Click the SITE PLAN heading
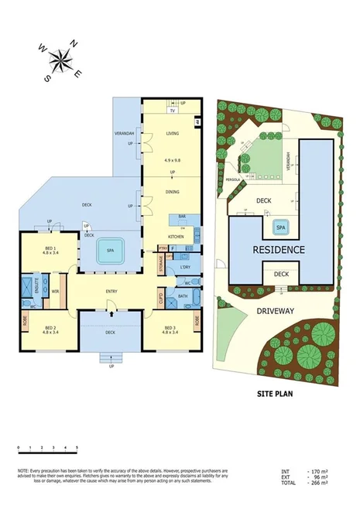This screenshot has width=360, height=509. pyautogui.click(x=279, y=393)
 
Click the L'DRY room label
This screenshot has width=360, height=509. pyautogui.click(x=184, y=267)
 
